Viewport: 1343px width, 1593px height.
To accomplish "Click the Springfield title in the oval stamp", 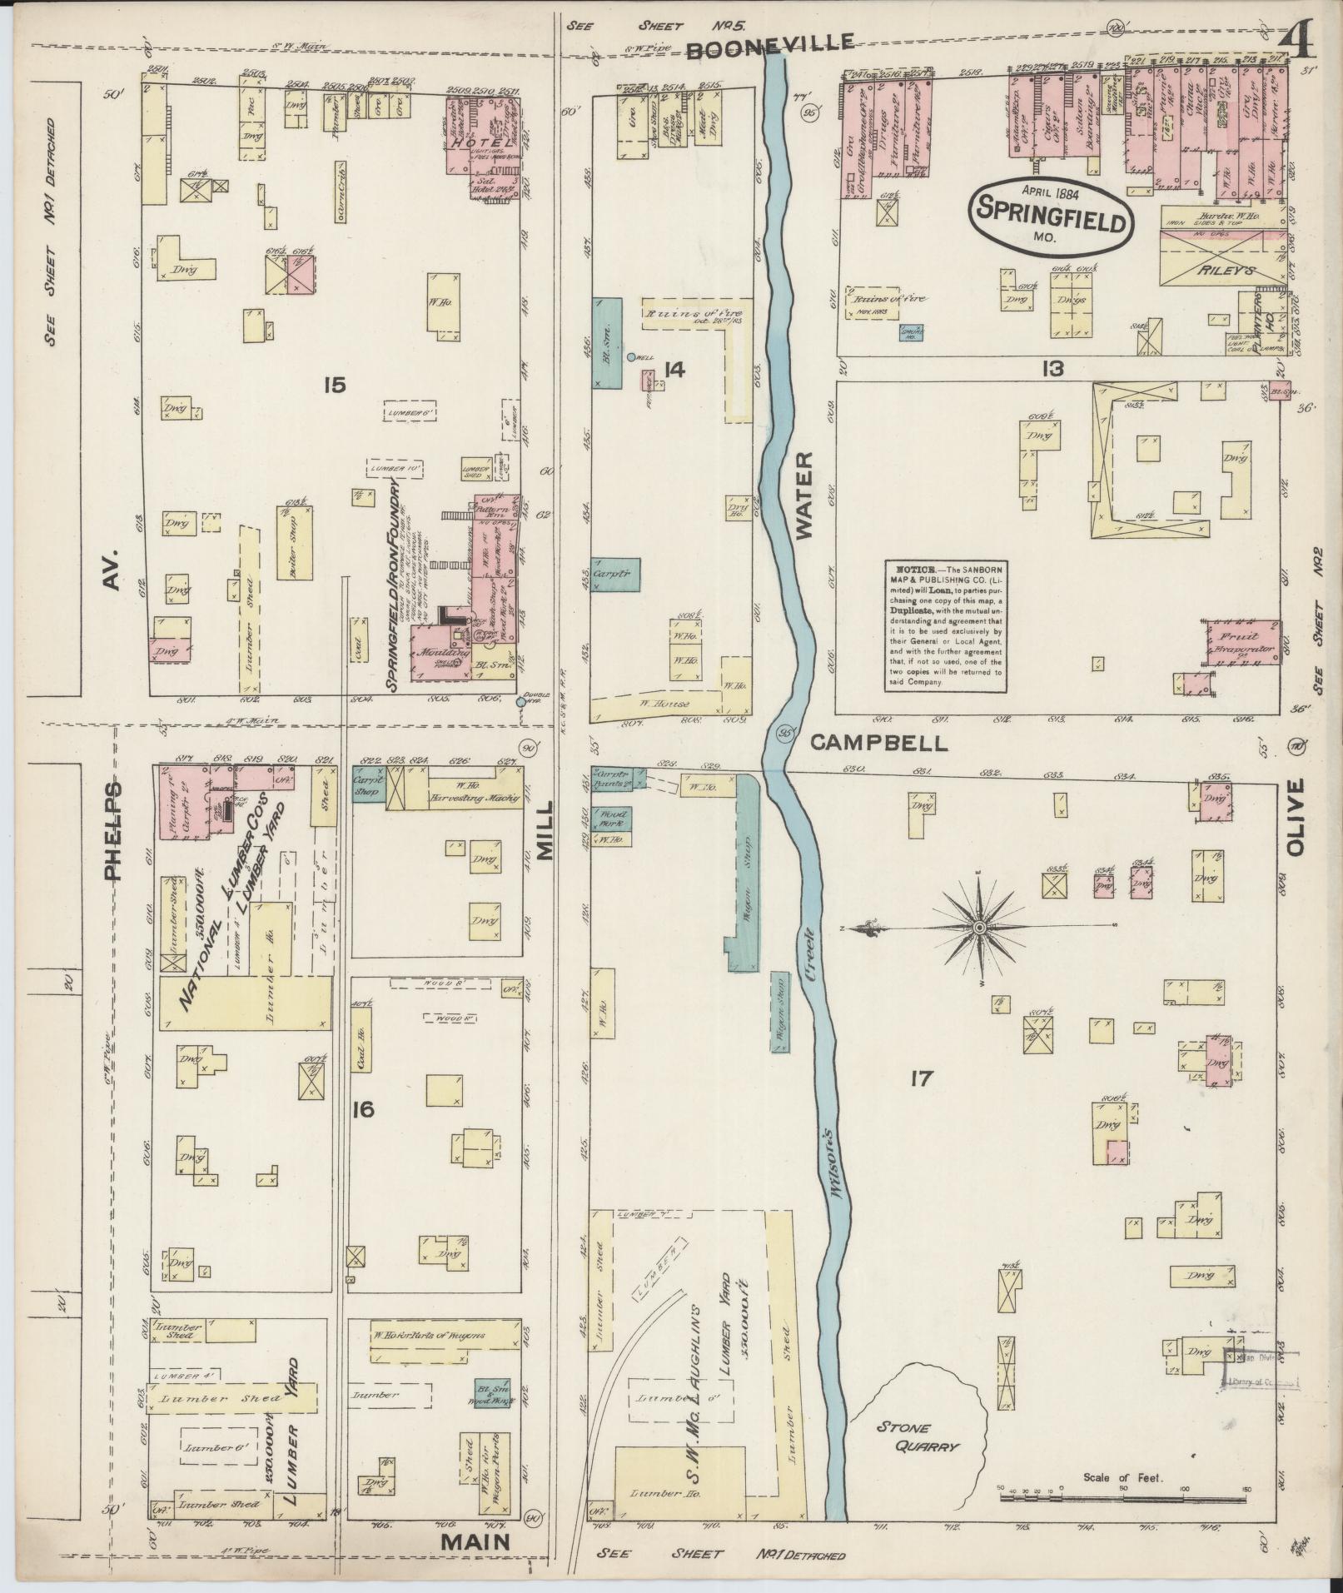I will click(x=1052, y=218).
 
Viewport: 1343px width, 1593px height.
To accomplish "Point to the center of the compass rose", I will click(x=980, y=927).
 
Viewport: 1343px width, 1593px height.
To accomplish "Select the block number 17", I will click(x=920, y=1080).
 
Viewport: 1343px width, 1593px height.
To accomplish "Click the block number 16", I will click(x=363, y=1110).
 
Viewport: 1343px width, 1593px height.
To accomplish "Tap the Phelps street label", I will click(x=112, y=829).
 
